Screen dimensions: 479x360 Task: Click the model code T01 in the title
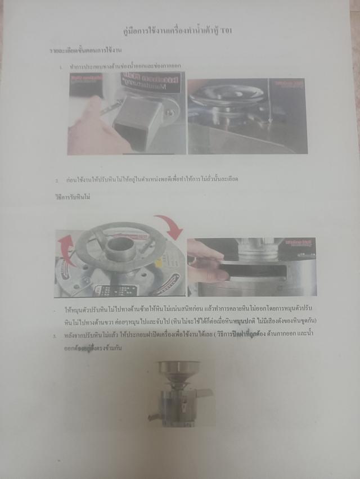click(226, 31)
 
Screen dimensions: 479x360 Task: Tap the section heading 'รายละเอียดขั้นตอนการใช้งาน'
click(85, 51)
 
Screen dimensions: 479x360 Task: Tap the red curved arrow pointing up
click(65, 247)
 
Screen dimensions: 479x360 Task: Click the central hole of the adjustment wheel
click(120, 247)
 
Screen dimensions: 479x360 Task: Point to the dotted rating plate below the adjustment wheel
click(118, 290)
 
